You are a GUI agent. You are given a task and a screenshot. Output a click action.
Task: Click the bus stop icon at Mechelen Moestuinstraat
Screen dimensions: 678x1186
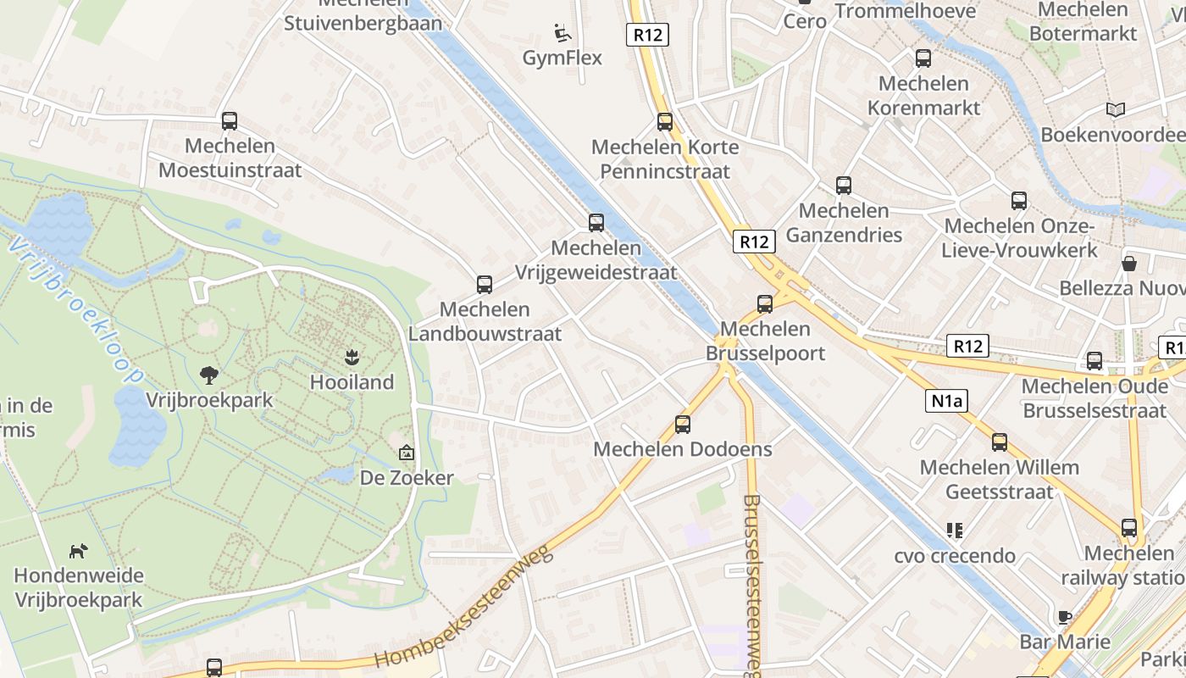click(x=230, y=120)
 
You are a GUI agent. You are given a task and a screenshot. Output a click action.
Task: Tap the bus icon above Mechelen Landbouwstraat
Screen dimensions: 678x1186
click(x=485, y=284)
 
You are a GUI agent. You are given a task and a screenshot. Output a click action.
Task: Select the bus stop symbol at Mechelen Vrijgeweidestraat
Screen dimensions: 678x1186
click(x=596, y=222)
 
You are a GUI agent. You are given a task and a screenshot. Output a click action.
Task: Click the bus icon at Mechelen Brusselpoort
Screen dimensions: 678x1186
click(x=765, y=303)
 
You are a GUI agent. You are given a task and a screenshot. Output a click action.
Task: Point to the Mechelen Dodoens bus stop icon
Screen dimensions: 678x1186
click(x=683, y=424)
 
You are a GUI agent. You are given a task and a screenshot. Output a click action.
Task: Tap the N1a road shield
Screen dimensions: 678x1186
click(x=945, y=401)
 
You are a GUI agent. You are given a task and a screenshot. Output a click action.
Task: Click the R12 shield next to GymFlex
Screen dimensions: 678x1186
click(x=648, y=35)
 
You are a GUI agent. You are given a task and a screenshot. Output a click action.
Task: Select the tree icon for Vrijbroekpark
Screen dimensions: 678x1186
click(x=208, y=375)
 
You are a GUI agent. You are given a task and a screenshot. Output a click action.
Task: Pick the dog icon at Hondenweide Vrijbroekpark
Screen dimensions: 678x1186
click(x=78, y=551)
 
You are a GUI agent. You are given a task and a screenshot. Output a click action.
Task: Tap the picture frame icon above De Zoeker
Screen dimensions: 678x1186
click(x=407, y=453)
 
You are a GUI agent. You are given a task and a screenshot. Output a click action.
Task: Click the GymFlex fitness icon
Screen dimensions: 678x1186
click(x=563, y=33)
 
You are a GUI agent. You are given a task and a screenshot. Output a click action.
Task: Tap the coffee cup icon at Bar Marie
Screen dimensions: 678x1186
click(x=1065, y=616)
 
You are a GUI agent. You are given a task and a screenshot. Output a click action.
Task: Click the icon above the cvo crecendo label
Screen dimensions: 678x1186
click(x=955, y=531)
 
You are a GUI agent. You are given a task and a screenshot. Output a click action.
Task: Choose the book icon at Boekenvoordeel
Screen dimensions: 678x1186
click(x=1116, y=109)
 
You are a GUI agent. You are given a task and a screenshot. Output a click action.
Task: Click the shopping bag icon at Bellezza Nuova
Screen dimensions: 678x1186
click(x=1128, y=264)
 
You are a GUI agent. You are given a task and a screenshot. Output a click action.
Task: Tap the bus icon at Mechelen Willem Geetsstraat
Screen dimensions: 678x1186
click(x=1000, y=442)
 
